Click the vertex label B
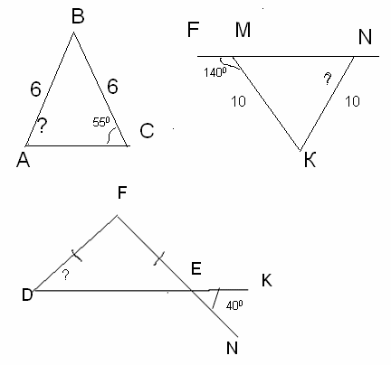[x=78, y=16]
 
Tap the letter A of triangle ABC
[x=24, y=160]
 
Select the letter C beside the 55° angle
[x=147, y=131]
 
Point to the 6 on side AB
[x=35, y=89]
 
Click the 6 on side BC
[x=112, y=87]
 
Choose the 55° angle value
[x=101, y=122]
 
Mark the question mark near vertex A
[x=43, y=126]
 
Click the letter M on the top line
[x=243, y=30]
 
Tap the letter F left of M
[x=193, y=30]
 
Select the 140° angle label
[x=215, y=72]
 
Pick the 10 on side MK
[x=238, y=101]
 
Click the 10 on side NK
[x=352, y=101]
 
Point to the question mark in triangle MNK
[x=328, y=80]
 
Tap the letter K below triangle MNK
[x=310, y=160]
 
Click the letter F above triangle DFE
[x=121, y=192]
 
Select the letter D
[x=27, y=295]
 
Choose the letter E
[x=196, y=268]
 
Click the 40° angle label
[x=234, y=305]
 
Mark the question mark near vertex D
[x=65, y=275]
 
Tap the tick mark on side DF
[x=77, y=256]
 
